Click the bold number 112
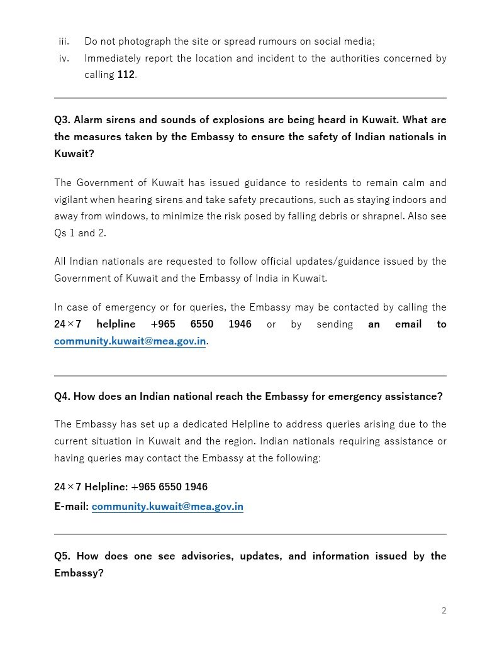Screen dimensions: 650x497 pyautogui.click(x=126, y=75)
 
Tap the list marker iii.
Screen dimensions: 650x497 pyautogui.click(x=64, y=41)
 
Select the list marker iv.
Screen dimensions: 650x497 pyautogui.click(x=64, y=58)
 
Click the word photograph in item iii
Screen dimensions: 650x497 pyautogui.click(x=143, y=41)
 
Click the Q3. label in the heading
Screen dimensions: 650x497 pyautogui.click(x=64, y=120)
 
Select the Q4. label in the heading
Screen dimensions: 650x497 pyautogui.click(x=62, y=397)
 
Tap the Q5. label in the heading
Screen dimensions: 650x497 pyautogui.click(x=62, y=556)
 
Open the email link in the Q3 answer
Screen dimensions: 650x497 pyautogui.click(x=130, y=342)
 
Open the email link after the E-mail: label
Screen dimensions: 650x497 pyautogui.click(x=167, y=507)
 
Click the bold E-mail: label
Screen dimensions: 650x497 pyautogui.click(x=71, y=507)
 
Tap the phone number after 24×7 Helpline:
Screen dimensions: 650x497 pyautogui.click(x=169, y=487)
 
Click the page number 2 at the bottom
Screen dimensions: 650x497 pyautogui.click(x=444, y=610)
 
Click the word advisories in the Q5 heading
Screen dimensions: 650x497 pyautogui.click(x=206, y=556)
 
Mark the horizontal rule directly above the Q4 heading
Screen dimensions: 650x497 pyautogui.click(x=250, y=376)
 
